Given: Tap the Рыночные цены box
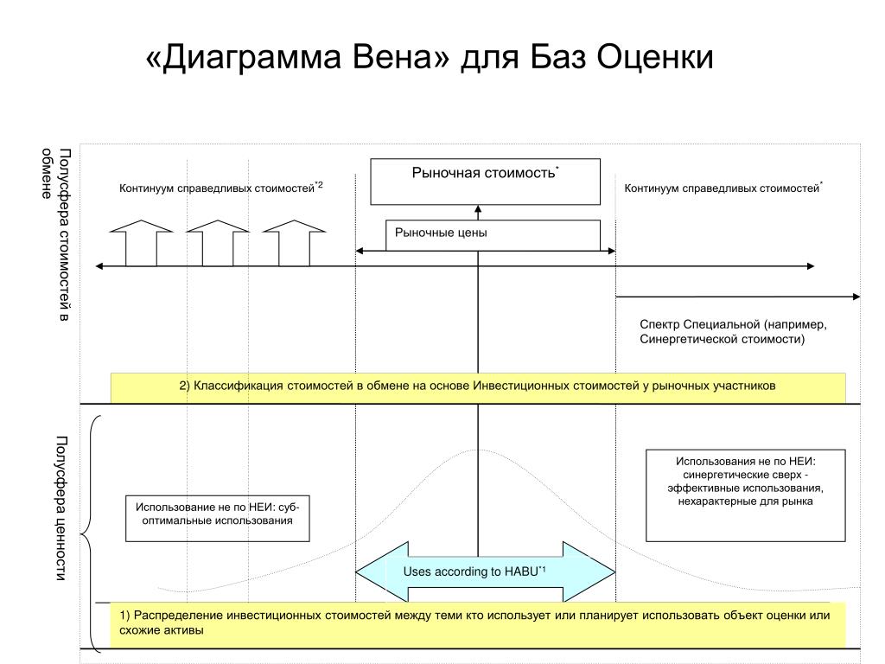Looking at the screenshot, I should (492, 234).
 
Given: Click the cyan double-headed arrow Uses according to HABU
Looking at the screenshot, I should (485, 571).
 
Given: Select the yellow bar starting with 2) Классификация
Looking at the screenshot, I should (478, 386).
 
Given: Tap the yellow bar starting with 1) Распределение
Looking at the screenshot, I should (478, 623).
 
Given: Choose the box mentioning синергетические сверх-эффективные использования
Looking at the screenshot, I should (746, 495).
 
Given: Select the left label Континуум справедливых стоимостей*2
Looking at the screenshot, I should (220, 187).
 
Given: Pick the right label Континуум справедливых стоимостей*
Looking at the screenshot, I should (723, 187).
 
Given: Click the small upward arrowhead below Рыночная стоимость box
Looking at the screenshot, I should (477, 209).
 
